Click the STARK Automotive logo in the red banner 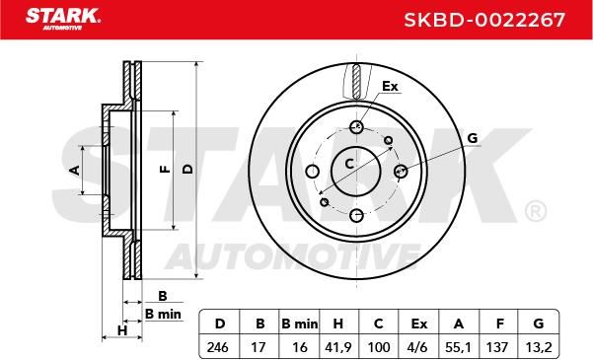[63, 19]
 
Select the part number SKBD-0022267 [484, 20]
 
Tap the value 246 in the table [218, 347]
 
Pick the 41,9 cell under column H [337, 347]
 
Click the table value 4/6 [418, 347]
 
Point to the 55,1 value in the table [459, 347]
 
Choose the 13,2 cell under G [539, 347]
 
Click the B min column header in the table [300, 324]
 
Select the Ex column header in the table [418, 324]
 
